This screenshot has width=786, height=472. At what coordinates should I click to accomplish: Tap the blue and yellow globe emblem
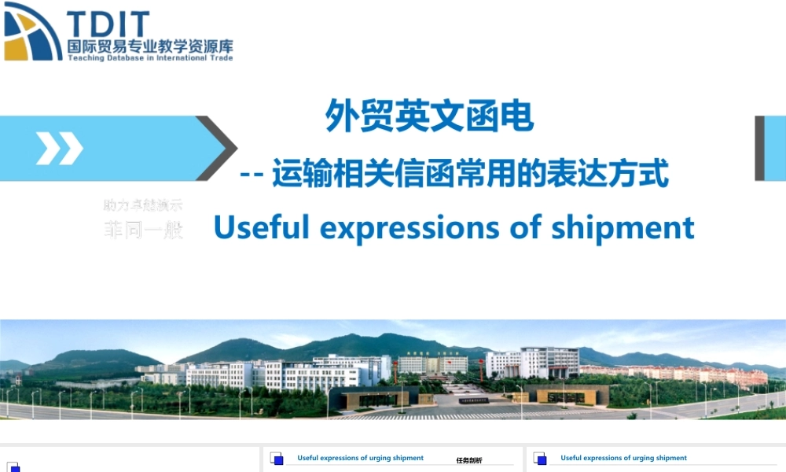click(31, 31)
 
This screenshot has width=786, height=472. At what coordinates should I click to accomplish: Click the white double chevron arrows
click(59, 148)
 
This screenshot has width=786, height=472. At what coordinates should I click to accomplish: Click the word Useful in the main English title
click(262, 227)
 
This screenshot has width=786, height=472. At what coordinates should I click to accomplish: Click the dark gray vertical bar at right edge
click(759, 148)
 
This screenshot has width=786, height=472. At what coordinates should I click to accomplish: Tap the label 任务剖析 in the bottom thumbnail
click(468, 460)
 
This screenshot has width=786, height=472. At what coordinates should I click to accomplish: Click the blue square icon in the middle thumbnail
click(277, 459)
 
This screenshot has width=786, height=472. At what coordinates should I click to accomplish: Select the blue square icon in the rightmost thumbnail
click(540, 459)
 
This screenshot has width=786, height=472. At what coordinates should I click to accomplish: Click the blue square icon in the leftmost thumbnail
click(14, 468)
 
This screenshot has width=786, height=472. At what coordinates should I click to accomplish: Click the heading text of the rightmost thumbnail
click(623, 458)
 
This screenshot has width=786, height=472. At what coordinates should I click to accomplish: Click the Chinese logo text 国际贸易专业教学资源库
click(149, 46)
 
